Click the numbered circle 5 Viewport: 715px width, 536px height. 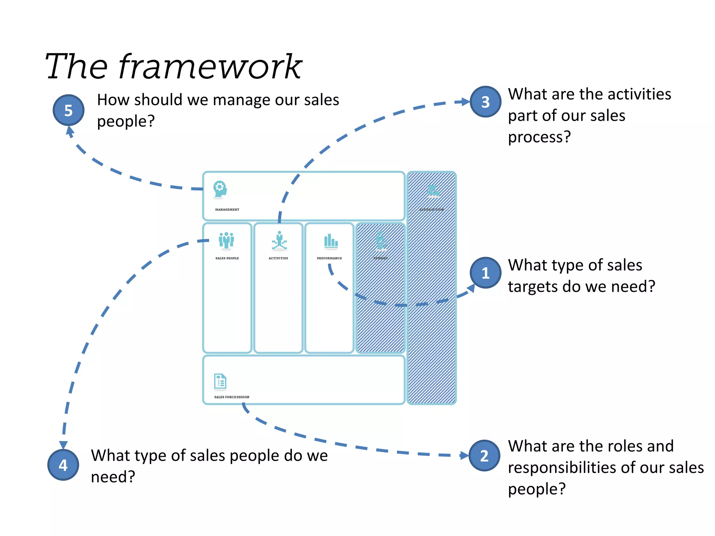[68, 110]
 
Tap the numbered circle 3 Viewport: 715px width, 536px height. [485, 102]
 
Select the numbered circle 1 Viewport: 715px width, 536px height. [485, 273]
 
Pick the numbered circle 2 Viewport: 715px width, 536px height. [484, 455]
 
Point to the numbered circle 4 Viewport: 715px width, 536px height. [63, 465]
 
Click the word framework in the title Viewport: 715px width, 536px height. [210, 66]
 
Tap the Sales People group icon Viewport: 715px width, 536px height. [226, 240]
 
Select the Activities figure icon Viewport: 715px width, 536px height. [279, 241]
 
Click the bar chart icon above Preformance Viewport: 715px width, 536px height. [330, 241]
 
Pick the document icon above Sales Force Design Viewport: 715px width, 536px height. [220, 382]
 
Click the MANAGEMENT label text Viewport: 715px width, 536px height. [227, 210]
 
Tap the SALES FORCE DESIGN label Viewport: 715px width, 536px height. [231, 397]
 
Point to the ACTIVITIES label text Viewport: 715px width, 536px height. [278, 258]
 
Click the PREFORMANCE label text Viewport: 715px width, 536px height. [329, 258]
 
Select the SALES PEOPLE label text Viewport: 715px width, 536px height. [227, 258]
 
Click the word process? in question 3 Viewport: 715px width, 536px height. [539, 137]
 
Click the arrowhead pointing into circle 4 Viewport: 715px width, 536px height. [63, 445]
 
